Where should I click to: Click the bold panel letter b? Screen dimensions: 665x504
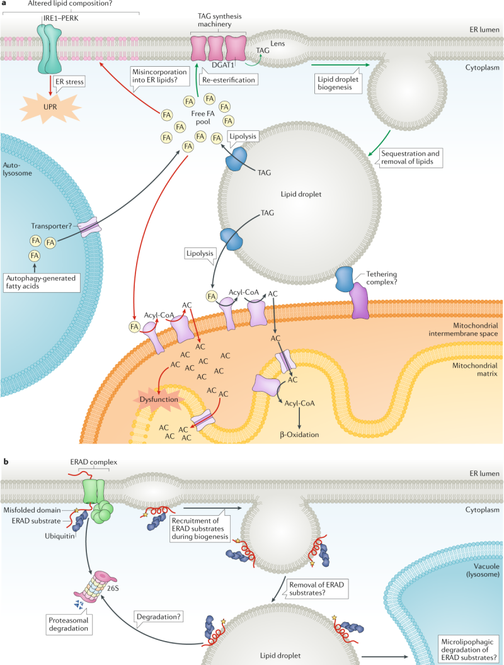point(6,462)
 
